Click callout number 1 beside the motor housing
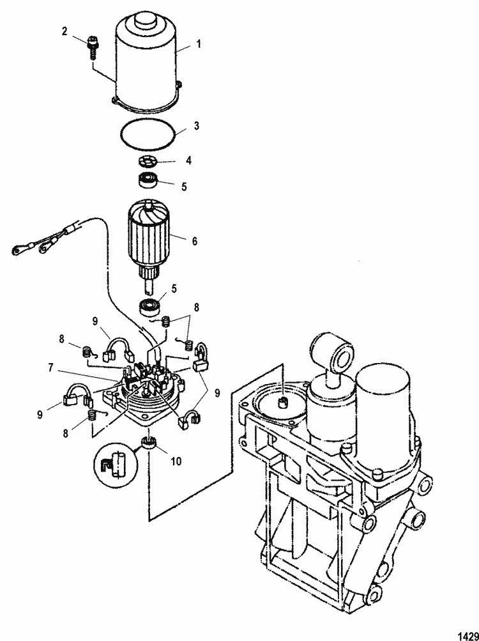tap(198, 45)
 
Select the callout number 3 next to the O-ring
tap(197, 127)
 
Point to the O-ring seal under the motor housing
tap(148, 135)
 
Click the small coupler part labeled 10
tap(148, 442)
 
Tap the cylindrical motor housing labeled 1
tap(146, 61)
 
